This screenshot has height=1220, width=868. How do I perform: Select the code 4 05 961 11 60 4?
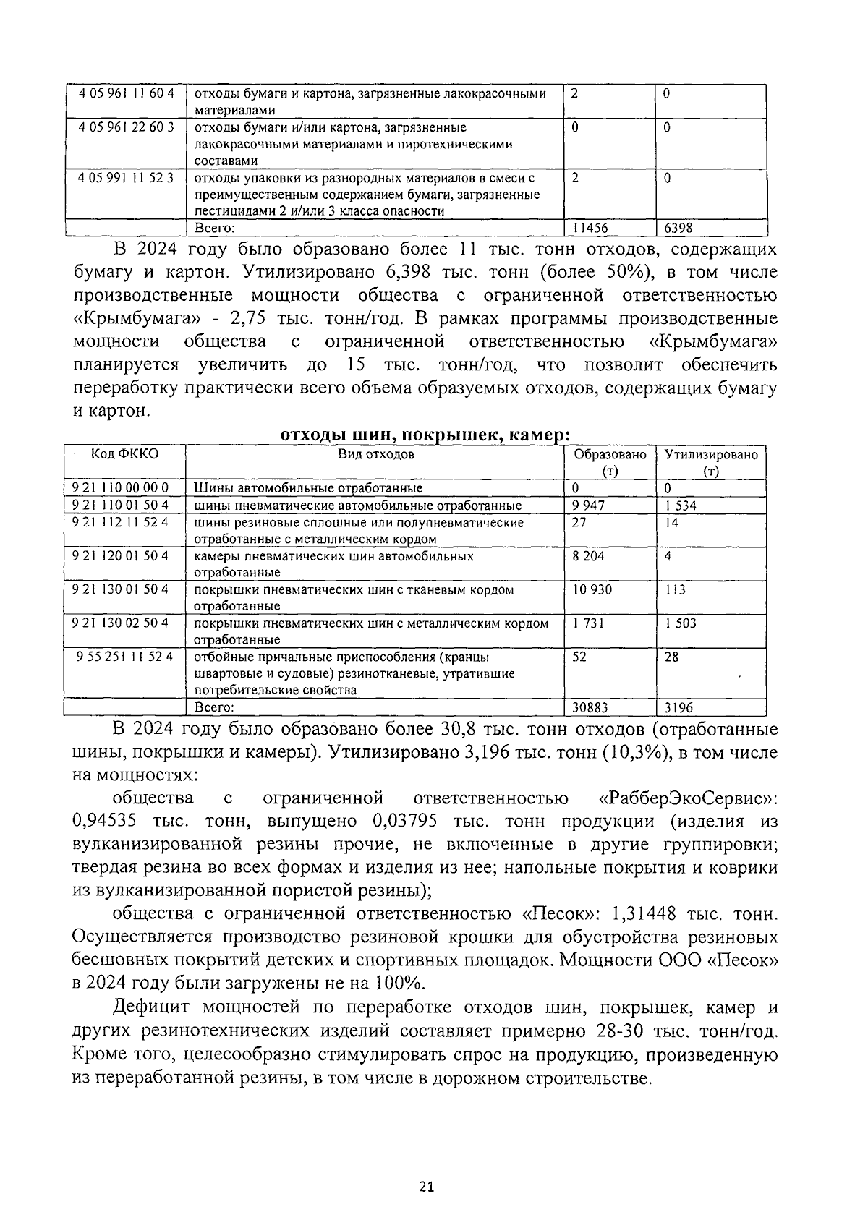coord(127,94)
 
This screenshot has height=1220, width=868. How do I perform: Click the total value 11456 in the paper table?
coord(590,229)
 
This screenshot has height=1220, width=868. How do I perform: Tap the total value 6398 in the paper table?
coord(678,229)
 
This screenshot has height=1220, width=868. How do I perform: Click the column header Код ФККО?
coord(124,454)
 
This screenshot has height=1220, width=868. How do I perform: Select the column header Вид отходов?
coord(376,454)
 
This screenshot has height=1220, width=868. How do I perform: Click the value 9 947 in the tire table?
coord(588,506)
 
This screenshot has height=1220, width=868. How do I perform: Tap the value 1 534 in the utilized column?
coord(681,506)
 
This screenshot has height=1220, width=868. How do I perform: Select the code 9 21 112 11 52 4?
coord(120,522)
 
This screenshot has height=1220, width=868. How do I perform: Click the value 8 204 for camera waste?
coord(588,556)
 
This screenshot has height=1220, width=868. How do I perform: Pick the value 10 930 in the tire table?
coord(591,589)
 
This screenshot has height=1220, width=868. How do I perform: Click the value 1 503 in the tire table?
coord(681,623)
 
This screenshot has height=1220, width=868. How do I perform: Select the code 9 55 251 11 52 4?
coord(124,657)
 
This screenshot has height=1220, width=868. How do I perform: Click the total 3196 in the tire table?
coord(678,708)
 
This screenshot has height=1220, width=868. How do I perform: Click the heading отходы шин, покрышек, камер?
coord(425,435)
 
